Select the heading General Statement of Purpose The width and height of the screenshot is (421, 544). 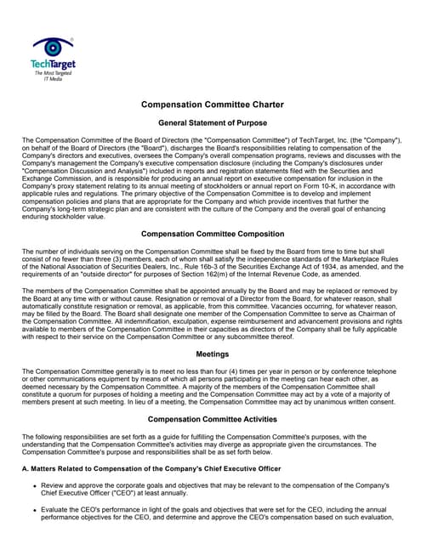click(210, 123)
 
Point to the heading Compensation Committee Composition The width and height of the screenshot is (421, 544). click(210, 234)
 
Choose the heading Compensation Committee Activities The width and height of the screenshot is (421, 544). click(210, 419)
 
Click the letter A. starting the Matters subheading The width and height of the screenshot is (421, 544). click(26, 468)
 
